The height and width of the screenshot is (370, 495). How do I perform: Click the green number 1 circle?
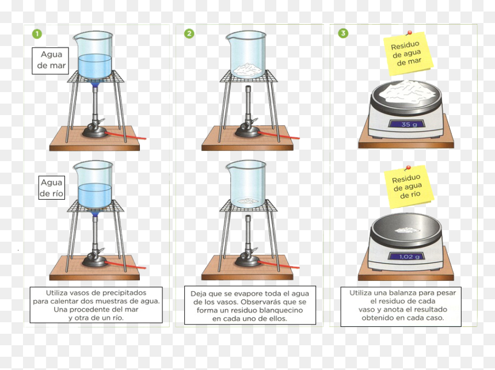[x=37, y=34]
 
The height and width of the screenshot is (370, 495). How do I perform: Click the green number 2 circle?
[x=189, y=33]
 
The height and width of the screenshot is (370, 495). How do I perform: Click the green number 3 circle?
[x=343, y=33]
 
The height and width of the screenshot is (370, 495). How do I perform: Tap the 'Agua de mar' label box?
[x=51, y=60]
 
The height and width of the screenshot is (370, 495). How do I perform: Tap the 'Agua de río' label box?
[x=52, y=188]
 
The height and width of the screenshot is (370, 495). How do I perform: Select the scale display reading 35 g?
[x=409, y=124]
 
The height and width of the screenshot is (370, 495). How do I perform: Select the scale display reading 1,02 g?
[x=409, y=256]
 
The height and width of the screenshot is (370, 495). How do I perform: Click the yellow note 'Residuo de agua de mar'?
[x=408, y=54]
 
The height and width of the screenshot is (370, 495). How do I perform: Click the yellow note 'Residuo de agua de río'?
[x=409, y=187]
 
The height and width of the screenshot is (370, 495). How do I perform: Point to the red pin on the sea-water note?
[x=409, y=32]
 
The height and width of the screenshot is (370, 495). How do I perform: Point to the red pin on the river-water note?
[x=408, y=167]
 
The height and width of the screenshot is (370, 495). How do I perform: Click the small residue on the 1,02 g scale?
[x=408, y=230]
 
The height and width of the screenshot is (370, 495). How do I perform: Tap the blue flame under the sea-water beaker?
[x=94, y=83]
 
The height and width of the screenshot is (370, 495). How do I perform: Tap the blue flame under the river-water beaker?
[x=94, y=213]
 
